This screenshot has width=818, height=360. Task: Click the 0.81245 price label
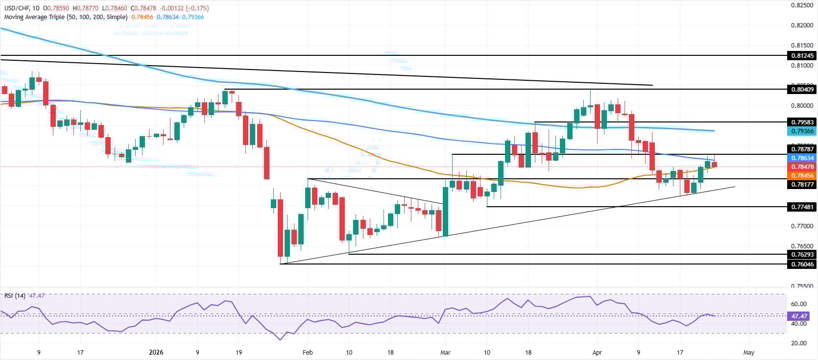802,56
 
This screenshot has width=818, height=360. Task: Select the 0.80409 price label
802,89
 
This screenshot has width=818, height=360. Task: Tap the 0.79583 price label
802,122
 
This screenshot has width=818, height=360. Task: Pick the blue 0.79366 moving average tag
802,131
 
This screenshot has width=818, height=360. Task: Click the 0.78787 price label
802,149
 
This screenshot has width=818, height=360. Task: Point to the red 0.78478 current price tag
802,167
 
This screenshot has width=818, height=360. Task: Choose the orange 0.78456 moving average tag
802,175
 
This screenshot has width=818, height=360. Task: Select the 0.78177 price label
802,185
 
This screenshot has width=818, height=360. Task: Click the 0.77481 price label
802,207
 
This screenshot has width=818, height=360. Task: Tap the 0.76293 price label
802,254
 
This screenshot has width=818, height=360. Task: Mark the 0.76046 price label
802,264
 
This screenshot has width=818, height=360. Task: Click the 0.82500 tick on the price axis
802,5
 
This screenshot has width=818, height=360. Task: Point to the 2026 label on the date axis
156,352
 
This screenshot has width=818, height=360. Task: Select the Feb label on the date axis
307,352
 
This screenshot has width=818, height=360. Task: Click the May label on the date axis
748,352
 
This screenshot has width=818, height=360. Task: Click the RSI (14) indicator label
15,296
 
